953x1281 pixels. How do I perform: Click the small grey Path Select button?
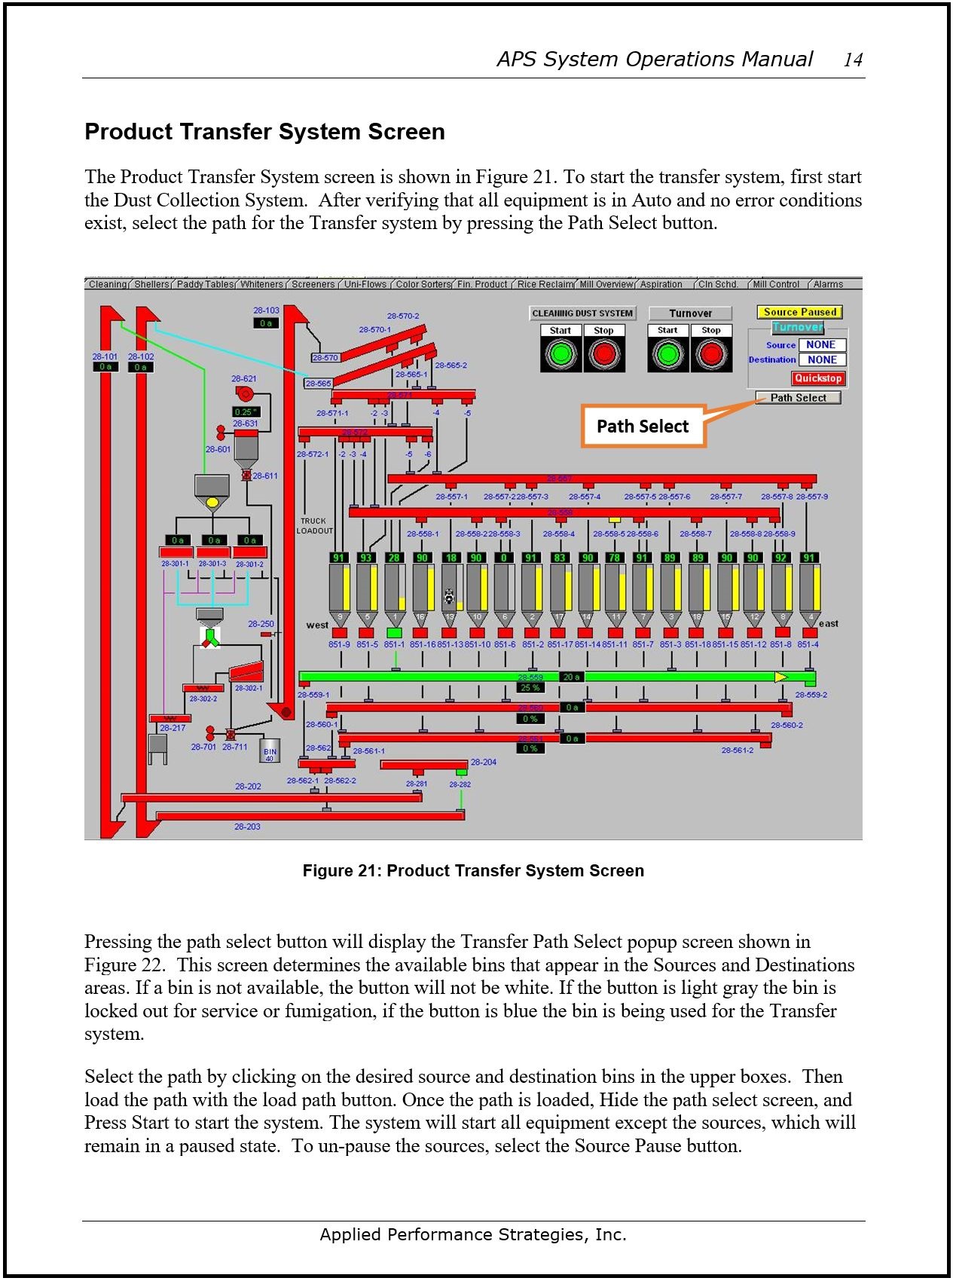(798, 398)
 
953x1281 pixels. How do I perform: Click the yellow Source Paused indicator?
(799, 312)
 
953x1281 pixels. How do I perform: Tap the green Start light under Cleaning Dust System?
(560, 353)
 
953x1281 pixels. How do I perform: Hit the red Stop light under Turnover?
(711, 353)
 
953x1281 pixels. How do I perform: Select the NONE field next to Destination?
(822, 360)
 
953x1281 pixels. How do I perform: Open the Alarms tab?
(828, 285)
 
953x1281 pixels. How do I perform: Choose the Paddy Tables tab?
(205, 285)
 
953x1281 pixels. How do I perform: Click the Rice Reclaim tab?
(545, 285)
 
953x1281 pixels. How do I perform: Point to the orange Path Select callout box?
(643, 426)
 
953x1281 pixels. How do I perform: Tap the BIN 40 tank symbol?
(270, 751)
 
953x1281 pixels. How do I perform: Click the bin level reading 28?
(393, 558)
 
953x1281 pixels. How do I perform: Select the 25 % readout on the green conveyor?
(530, 688)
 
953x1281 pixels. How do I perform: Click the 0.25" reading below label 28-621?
(246, 412)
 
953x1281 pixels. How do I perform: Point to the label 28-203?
(247, 827)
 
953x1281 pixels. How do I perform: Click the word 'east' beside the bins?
(829, 624)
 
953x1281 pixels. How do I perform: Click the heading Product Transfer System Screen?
(264, 132)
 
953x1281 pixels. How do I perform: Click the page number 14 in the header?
(853, 60)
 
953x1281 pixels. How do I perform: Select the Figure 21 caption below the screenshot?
(473, 871)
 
